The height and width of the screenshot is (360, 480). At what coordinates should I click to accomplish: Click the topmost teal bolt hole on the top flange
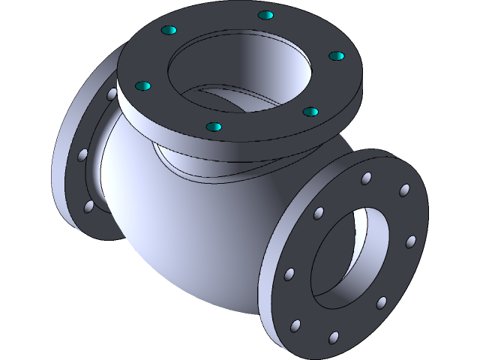264,15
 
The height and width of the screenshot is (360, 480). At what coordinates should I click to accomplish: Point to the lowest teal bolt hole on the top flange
214,127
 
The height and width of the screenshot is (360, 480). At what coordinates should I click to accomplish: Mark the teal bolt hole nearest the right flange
310,112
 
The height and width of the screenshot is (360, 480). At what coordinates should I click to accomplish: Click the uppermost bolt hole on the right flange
366,178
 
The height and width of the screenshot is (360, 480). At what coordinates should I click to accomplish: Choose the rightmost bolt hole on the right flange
410,241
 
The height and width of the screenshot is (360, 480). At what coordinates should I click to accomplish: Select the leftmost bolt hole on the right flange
289,274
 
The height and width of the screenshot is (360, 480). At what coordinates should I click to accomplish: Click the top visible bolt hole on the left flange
112,95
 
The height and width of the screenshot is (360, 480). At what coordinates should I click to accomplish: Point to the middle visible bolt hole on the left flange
82,155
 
